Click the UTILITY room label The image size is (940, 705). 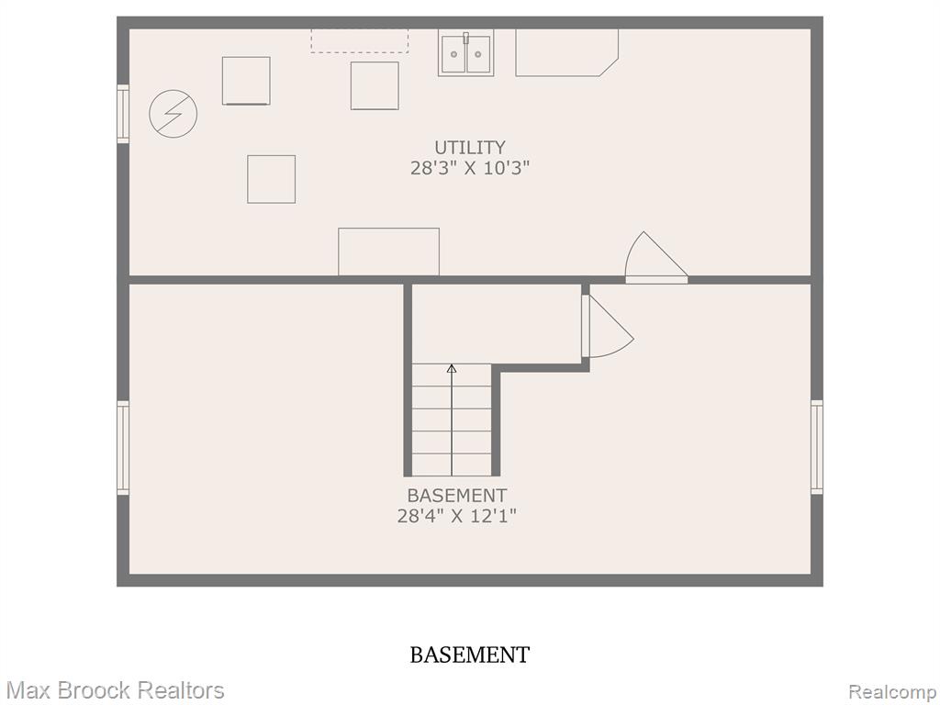click(x=469, y=148)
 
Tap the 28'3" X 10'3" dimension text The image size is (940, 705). click(x=470, y=168)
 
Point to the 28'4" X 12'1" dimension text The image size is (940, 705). click(x=457, y=516)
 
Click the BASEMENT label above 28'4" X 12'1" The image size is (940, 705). click(x=457, y=496)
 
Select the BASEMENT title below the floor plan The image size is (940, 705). click(x=469, y=655)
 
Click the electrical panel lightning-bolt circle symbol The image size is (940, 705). click(x=173, y=114)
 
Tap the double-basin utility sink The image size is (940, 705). click(x=465, y=53)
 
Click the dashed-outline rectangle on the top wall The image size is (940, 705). click(x=359, y=41)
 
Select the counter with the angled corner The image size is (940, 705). click(x=566, y=52)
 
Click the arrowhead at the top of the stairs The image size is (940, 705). click(x=452, y=368)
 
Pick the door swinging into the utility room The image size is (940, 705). click(x=655, y=258)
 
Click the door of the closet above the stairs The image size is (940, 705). click(x=608, y=327)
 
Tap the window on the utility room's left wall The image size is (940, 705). click(x=123, y=114)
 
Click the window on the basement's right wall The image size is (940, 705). click(x=816, y=447)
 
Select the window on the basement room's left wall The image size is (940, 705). click(x=123, y=448)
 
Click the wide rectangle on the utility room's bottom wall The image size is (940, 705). click(x=388, y=252)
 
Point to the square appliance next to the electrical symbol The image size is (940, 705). click(x=246, y=81)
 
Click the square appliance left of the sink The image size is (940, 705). click(x=375, y=85)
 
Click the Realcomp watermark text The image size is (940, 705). click(x=893, y=692)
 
